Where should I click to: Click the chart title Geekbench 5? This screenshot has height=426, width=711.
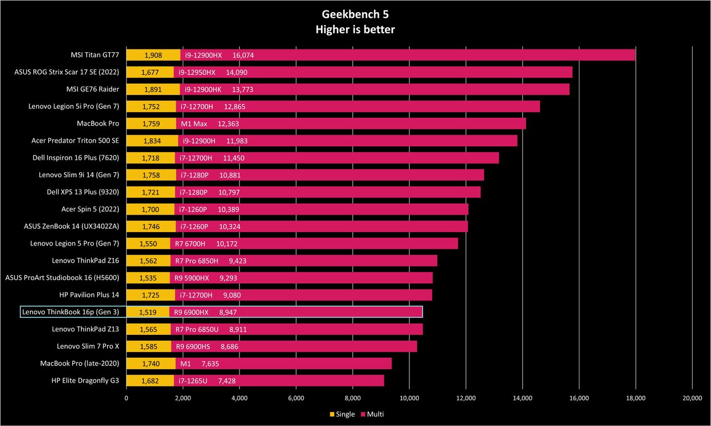355,14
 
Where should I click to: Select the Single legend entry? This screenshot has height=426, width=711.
342,414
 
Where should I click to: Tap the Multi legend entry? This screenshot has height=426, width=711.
372,414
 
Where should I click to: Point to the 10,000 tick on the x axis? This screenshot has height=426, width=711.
409,398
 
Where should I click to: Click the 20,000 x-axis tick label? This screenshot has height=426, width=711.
692,398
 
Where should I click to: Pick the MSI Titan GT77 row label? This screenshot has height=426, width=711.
95,55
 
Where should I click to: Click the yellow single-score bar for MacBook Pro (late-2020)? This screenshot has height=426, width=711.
151,363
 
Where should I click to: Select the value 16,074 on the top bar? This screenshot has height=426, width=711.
243,55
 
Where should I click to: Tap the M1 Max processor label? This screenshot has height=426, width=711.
194,124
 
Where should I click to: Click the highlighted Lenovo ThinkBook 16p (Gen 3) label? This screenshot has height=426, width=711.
71,312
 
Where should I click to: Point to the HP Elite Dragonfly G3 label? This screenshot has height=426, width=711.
85,380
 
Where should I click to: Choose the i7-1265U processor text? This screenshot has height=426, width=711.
193,381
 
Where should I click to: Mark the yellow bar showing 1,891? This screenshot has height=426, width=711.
153,89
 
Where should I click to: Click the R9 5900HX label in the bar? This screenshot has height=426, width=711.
192,278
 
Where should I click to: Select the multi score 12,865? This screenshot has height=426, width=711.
234,107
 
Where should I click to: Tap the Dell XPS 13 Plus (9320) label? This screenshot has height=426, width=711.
83,192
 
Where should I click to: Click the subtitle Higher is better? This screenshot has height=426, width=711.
355,29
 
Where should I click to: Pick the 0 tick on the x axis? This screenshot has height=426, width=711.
126,398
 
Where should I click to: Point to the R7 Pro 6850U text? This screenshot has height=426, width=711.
197,329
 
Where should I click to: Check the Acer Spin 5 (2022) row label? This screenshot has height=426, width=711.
90,209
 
